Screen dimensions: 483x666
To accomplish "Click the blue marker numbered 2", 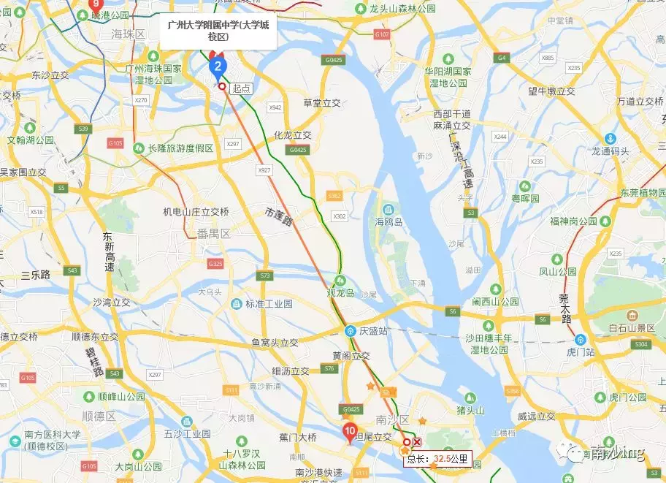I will [217, 67].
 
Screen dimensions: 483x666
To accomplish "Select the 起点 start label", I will [241, 88].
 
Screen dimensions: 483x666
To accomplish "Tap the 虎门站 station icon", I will [581, 340].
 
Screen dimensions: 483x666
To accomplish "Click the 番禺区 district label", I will [214, 234].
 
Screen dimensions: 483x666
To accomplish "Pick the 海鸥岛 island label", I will [389, 222].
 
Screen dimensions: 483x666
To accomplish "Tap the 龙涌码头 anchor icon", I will [610, 139].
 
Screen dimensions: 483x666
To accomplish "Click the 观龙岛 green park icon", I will [340, 281].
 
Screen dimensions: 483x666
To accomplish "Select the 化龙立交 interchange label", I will [292, 135].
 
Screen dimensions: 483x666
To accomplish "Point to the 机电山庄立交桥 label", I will [196, 212].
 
